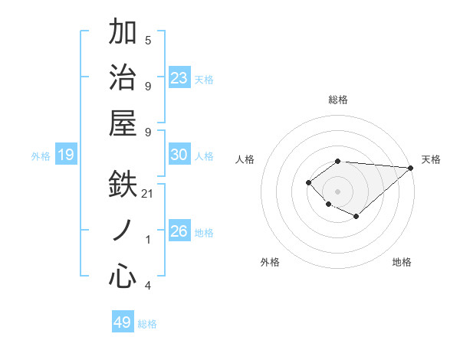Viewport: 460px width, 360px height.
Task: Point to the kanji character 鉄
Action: coord(123,185)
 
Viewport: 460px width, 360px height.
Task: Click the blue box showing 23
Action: coord(179,78)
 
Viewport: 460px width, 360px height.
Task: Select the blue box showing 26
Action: coord(179,231)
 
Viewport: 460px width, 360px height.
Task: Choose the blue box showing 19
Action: coord(66,155)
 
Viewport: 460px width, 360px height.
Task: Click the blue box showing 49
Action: coord(123,322)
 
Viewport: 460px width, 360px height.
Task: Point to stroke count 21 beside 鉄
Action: coord(148,194)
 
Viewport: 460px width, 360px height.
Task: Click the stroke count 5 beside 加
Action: coord(148,41)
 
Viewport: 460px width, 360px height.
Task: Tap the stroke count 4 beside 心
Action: coord(148,286)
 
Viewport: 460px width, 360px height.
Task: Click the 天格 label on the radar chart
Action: coord(431,159)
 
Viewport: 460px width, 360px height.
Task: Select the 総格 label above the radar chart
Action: coord(337,100)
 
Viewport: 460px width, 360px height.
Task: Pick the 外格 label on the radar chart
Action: coord(270,262)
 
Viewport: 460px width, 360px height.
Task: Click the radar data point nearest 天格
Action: coord(411,168)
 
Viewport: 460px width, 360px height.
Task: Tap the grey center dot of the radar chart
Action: coord(337,191)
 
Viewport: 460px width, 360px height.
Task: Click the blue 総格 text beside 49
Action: coord(147,323)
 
